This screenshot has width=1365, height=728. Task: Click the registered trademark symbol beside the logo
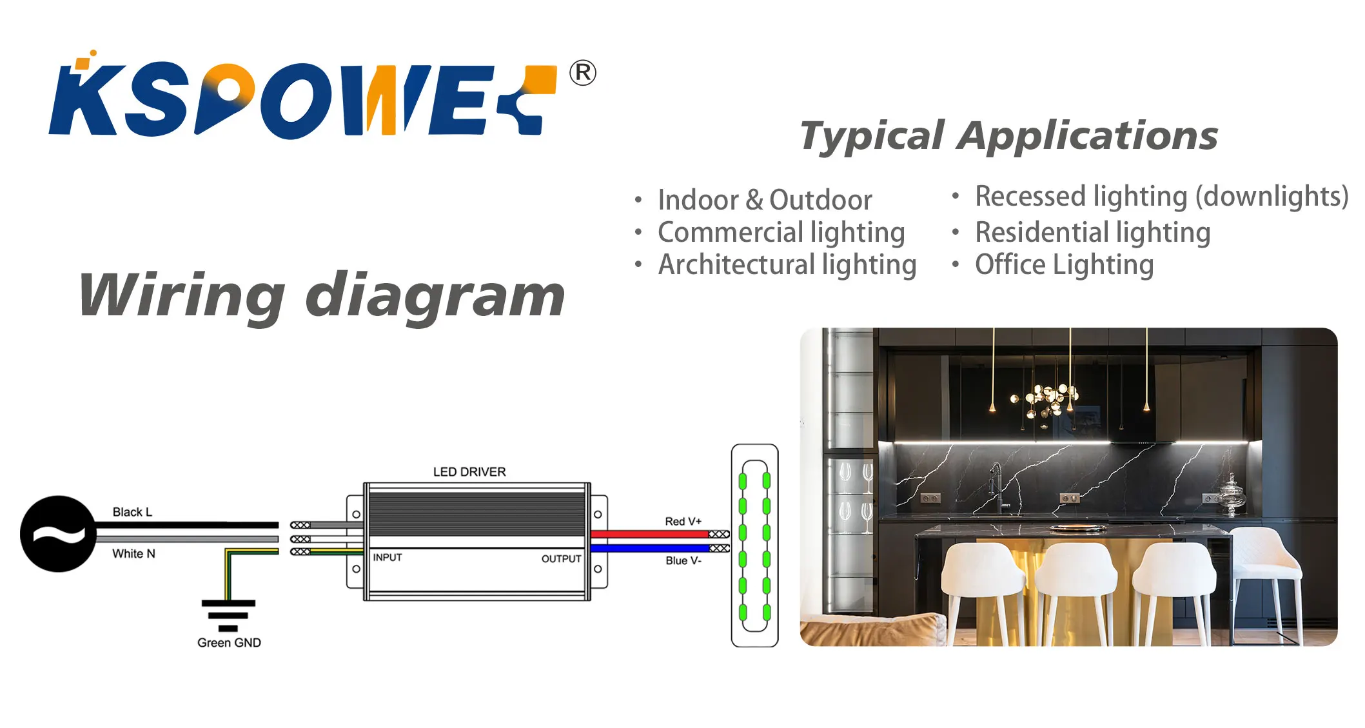tap(582, 73)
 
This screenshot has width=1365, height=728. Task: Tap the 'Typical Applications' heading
tap(1008, 136)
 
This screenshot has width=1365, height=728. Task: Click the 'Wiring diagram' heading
tap(321, 295)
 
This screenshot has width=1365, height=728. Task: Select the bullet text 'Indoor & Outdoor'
tap(765, 200)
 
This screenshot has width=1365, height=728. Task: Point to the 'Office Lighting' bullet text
tap(1064, 265)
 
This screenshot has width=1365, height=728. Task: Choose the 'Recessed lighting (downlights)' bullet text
tap(1161, 196)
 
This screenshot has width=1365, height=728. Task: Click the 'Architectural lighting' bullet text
tap(787, 265)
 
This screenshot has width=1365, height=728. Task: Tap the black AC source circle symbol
tap(58, 534)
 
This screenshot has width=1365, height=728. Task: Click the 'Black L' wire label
tap(132, 512)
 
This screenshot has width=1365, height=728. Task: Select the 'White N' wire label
tap(133, 554)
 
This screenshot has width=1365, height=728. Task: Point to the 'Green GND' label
tap(229, 643)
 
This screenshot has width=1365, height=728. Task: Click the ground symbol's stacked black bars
tap(228, 615)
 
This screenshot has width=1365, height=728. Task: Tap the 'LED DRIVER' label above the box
tap(469, 472)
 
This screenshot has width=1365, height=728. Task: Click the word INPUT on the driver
tap(388, 558)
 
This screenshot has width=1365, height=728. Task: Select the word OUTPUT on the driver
tap(561, 559)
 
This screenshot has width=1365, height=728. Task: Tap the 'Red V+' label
tap(683, 521)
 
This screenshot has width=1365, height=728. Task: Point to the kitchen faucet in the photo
tap(997, 487)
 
